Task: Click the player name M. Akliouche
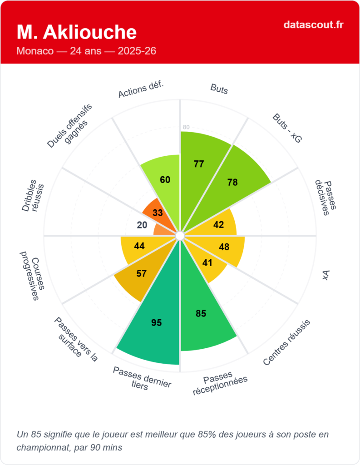point(76,32)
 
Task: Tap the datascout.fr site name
point(313,25)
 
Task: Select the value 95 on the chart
point(156,322)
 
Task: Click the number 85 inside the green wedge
point(201,313)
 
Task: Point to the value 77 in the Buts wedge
point(198,164)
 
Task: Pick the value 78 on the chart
point(232,182)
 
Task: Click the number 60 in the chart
point(165,179)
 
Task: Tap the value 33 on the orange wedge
point(158,213)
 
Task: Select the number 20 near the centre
point(142,225)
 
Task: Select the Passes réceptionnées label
point(219,383)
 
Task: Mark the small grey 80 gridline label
point(186,127)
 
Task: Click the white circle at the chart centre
point(180,235)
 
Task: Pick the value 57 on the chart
point(142,273)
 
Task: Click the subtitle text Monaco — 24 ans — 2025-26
point(86,51)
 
